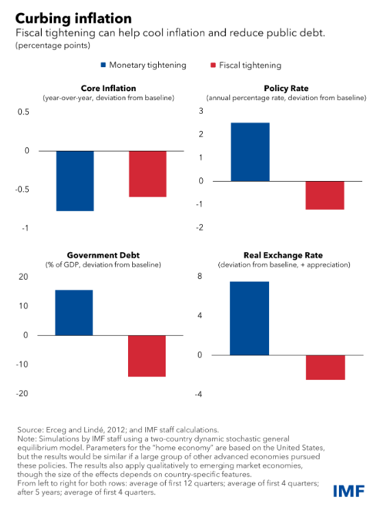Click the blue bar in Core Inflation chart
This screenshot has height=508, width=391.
75,181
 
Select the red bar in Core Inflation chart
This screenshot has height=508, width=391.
148,173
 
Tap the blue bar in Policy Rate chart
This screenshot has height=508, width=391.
250,152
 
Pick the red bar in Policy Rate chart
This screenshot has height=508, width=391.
325,195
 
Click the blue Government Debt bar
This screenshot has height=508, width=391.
74,313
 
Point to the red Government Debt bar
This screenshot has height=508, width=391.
147,356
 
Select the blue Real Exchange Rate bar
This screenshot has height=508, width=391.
249,319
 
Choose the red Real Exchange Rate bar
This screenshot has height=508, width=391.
325,367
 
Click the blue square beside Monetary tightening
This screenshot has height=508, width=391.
103,65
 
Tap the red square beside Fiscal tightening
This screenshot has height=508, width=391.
213,65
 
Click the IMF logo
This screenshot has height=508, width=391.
349,491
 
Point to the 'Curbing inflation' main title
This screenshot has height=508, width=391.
73,19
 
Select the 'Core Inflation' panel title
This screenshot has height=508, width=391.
108,88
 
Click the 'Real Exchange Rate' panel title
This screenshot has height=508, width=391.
283,255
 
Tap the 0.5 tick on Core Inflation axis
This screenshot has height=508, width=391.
23,112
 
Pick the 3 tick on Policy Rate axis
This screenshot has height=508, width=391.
201,111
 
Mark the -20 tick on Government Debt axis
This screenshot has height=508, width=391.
22,394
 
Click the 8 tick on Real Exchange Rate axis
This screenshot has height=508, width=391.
199,276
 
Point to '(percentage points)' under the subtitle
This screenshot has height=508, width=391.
53,45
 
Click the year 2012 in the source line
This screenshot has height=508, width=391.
116,430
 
